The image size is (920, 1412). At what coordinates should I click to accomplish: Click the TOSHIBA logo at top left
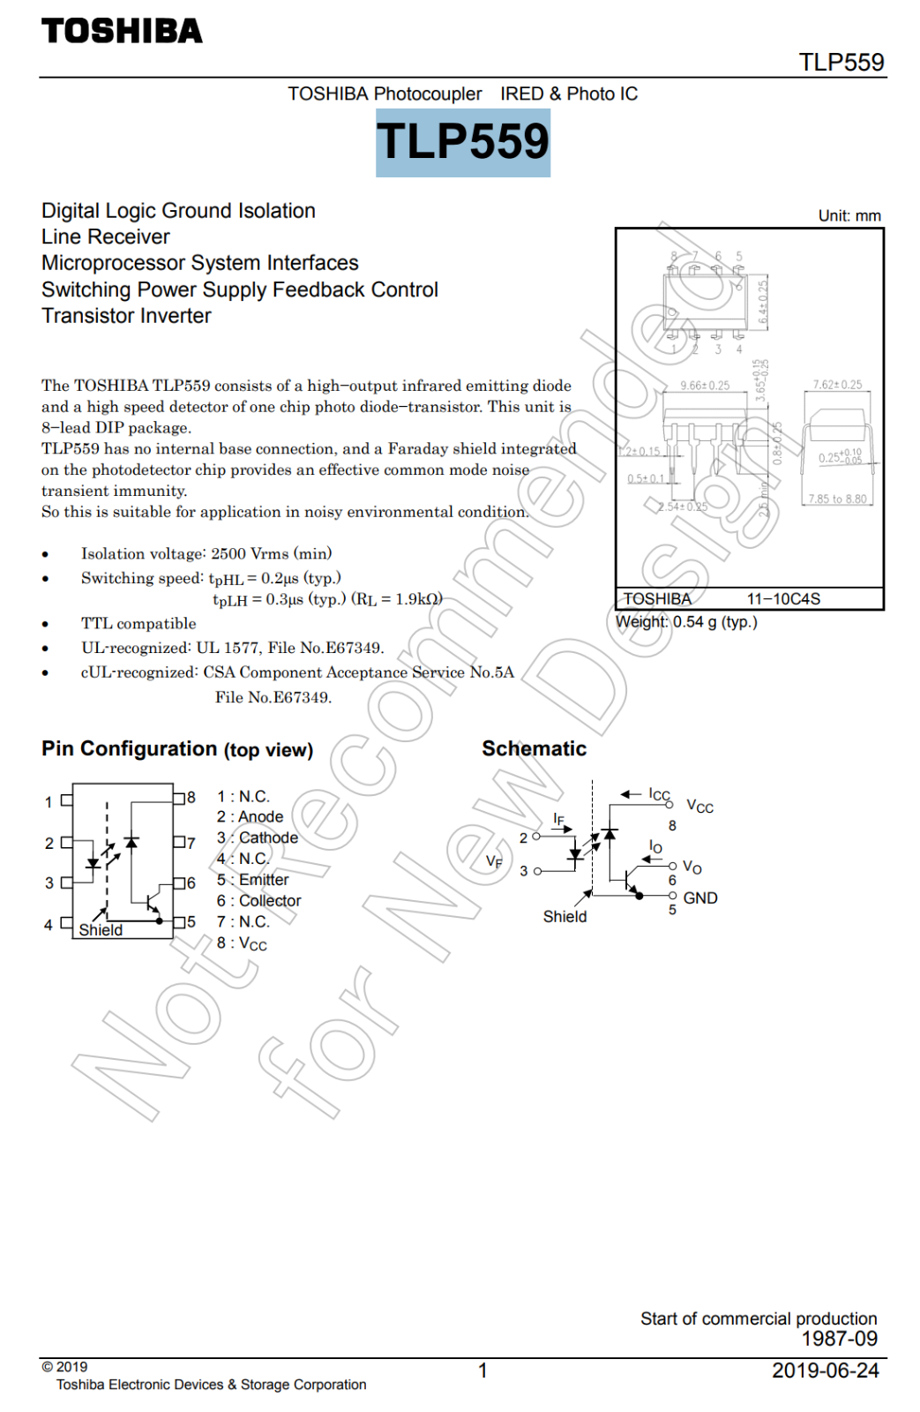122,32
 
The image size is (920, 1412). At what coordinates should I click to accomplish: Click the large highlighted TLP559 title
463,142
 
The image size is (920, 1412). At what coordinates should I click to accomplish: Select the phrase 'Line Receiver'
105,237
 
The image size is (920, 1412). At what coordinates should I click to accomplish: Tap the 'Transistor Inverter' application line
126,316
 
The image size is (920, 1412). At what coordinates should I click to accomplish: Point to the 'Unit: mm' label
849,216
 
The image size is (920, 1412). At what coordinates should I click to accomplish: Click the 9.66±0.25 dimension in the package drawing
705,386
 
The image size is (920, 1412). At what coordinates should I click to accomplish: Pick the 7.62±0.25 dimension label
837,385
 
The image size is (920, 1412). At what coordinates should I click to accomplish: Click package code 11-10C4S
783,599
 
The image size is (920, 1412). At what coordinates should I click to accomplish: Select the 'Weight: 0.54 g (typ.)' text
686,622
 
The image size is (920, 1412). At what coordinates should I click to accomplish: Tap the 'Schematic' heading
534,749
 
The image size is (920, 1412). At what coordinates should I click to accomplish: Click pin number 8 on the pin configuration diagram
191,798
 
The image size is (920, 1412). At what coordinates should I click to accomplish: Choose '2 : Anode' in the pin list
250,817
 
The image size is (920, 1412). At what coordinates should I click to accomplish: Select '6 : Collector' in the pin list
258,901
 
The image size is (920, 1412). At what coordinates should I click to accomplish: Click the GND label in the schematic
700,898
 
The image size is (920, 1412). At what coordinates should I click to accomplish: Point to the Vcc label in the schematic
699,807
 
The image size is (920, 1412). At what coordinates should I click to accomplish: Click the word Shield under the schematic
565,917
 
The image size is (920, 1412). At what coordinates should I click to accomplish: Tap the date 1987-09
839,1339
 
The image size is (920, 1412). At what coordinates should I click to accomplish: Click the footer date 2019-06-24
825,1371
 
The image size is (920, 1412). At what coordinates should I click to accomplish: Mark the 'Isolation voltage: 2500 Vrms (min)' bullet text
206,554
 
